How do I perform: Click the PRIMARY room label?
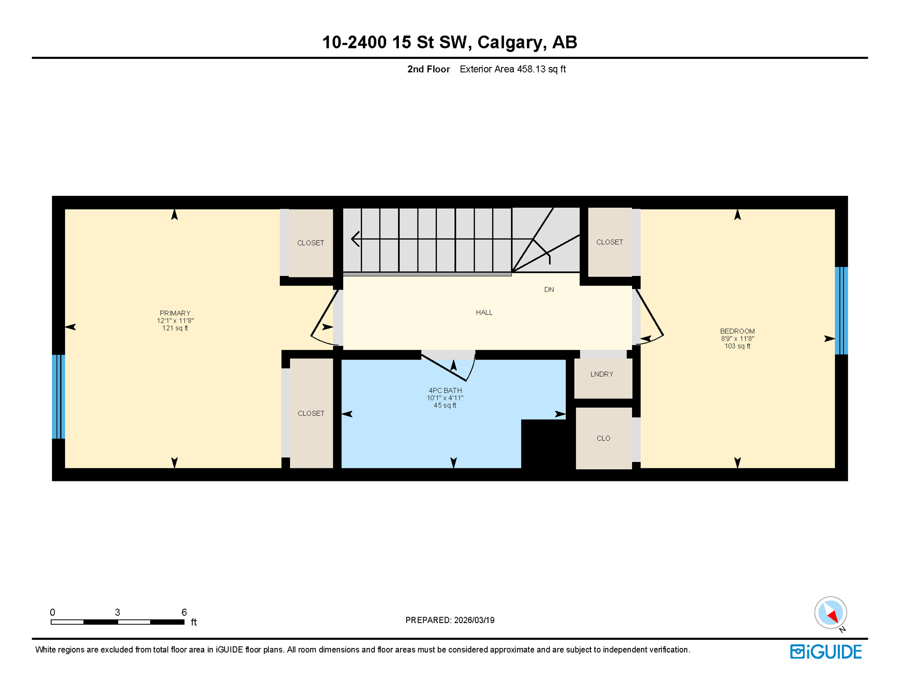pyautogui.click(x=175, y=314)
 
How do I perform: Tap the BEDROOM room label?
pyautogui.click(x=737, y=332)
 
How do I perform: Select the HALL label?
pyautogui.click(x=484, y=313)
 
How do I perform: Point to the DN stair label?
pyautogui.click(x=549, y=290)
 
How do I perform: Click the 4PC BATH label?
pyautogui.click(x=445, y=391)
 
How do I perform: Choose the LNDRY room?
pyautogui.click(x=602, y=375)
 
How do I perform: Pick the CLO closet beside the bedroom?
pyautogui.click(x=603, y=438)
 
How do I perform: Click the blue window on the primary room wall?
pyautogui.click(x=58, y=397)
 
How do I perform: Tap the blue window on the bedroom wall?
pyautogui.click(x=841, y=311)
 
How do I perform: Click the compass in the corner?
pyautogui.click(x=830, y=613)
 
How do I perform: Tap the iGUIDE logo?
pyautogui.click(x=826, y=652)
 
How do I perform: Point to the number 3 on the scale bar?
pyautogui.click(x=117, y=613)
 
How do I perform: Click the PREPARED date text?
pyautogui.click(x=450, y=620)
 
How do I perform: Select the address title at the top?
pyautogui.click(x=450, y=43)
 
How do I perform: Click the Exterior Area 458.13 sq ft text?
pyautogui.click(x=512, y=69)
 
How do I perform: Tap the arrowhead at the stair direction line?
pyautogui.click(x=355, y=239)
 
